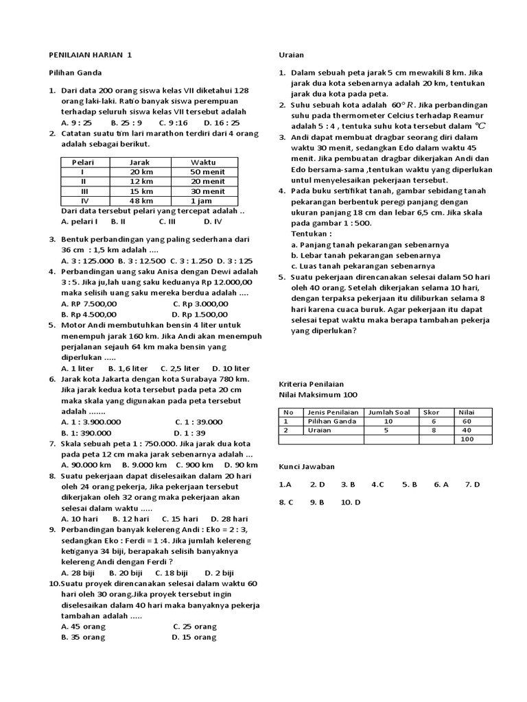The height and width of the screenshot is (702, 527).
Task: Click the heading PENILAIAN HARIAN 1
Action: (90, 55)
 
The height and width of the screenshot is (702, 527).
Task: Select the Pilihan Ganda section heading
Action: (75, 73)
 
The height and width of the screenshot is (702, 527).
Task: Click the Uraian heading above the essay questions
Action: (291, 55)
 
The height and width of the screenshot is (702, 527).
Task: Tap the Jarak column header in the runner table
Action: (139, 162)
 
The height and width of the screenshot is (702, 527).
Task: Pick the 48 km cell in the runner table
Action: (141, 201)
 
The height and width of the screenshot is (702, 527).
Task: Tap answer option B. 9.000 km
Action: (150, 465)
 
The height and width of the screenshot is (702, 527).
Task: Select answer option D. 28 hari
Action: (229, 519)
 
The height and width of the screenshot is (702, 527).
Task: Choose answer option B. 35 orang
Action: (83, 637)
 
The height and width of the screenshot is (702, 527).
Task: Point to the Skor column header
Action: (432, 412)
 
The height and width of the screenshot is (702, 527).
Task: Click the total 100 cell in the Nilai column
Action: (467, 439)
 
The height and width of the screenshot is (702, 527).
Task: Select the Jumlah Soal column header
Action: (389, 412)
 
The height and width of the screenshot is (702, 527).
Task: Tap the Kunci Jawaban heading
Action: (307, 466)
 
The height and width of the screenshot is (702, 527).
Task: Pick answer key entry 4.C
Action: (377, 484)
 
